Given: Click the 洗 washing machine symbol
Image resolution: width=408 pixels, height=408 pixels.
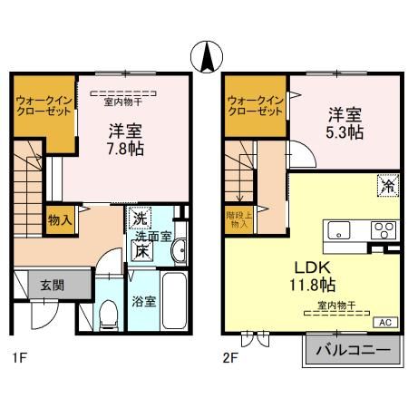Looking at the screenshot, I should tap(141, 219).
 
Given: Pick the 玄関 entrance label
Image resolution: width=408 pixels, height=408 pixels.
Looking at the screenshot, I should tap(52, 285).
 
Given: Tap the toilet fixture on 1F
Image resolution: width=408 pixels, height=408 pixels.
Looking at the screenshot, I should tap(108, 314).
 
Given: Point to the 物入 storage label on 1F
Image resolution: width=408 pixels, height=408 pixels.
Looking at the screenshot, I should tap(60, 220).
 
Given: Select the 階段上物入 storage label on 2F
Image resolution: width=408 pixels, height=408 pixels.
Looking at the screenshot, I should tap(239, 219).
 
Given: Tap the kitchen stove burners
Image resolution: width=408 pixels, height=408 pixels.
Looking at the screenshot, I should tap(384, 229).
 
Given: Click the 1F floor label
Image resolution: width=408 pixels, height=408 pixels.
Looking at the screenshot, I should tap(20, 357).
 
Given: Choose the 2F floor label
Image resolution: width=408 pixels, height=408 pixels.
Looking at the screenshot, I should tap(230, 357).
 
